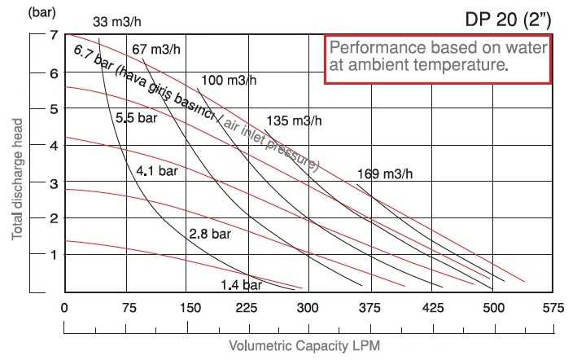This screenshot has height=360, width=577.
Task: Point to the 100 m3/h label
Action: [229, 81]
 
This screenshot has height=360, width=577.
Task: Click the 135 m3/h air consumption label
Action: [295, 121]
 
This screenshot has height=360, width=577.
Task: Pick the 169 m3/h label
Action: [386, 173]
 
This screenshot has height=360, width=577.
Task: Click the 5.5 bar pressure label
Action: [135, 117]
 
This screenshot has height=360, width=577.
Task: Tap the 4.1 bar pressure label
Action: [156, 172]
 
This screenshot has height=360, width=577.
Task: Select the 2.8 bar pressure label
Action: [210, 234]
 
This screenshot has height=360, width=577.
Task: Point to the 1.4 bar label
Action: [241, 285]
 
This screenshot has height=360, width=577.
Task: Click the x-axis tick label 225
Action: [247, 308]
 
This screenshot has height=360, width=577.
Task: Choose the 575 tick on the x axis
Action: [553, 308]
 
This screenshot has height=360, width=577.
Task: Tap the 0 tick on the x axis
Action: [64, 308]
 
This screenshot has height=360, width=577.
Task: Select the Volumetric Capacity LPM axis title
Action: [304, 345]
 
